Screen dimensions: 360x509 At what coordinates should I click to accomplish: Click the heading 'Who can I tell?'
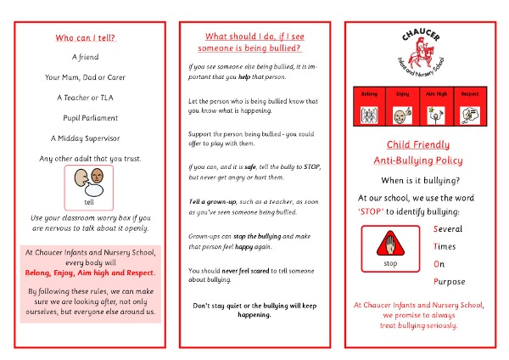click(x=86, y=38)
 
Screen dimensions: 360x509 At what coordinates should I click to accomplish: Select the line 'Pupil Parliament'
click(x=90, y=118)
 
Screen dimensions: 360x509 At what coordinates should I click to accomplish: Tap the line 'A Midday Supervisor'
click(x=90, y=138)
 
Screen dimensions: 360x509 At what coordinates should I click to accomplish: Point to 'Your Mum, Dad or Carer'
click(x=91, y=77)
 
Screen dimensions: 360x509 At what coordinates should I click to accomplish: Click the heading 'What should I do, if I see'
click(x=255, y=36)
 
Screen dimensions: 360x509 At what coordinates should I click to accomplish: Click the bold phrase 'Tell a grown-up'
click(x=212, y=200)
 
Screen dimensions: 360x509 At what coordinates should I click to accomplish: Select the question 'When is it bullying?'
click(x=422, y=180)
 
